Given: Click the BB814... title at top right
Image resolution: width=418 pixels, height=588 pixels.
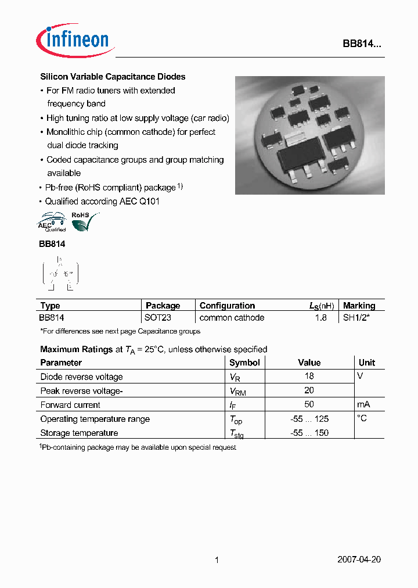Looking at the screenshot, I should point(361,45).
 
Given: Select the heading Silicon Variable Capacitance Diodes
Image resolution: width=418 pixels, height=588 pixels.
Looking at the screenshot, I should point(113,77).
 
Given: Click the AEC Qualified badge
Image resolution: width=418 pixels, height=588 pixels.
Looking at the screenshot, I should point(52,223).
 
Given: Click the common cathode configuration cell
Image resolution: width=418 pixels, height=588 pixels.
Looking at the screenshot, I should point(232,318).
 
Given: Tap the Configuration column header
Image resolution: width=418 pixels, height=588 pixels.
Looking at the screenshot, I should point(227,306).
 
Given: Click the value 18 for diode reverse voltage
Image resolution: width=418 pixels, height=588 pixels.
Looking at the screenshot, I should point(309,377).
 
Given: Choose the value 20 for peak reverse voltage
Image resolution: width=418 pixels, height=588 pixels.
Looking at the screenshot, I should point(309,390).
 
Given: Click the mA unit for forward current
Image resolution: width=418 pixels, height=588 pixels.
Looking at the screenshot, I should point(364,404).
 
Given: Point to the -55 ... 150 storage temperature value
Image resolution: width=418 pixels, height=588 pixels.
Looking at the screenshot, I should point(309,433).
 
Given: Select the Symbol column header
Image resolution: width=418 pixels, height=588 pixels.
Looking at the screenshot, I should point(244,363).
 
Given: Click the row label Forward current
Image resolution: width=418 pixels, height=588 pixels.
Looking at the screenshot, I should point(70,405).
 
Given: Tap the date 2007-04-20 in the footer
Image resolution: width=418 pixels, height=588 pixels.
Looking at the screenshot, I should point(359,560).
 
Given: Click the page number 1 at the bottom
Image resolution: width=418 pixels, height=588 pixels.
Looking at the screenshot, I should point(217,560).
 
